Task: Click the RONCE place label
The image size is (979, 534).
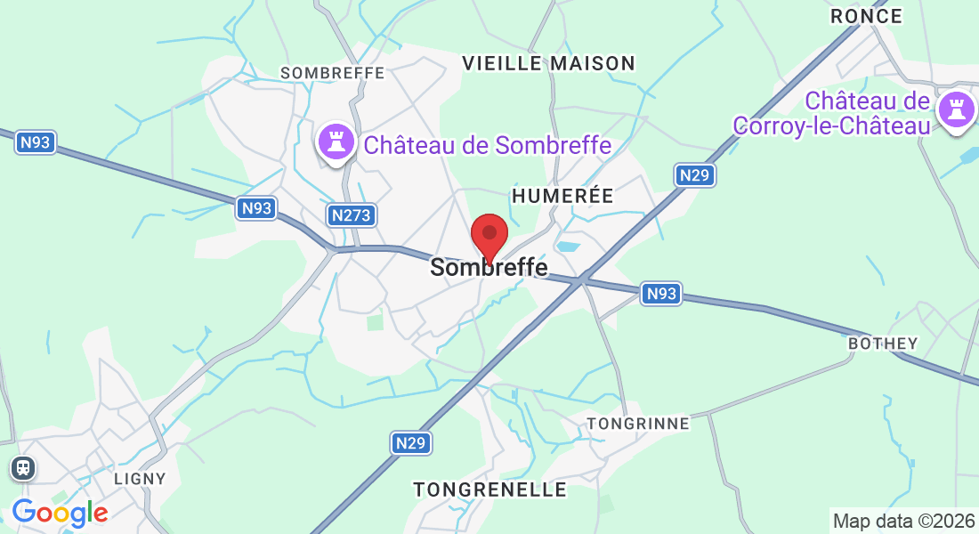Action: [866, 16]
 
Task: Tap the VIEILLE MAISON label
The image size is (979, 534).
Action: [549, 63]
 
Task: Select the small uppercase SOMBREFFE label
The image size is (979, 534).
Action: [332, 73]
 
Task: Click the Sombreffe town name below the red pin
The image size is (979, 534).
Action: [489, 267]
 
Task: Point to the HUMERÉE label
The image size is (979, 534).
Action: [562, 196]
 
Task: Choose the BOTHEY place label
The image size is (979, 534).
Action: [883, 344]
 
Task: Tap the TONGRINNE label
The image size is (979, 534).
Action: [638, 424]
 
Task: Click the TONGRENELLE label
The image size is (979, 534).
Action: [489, 489]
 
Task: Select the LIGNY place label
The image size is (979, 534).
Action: [141, 479]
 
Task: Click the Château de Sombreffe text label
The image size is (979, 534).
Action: [488, 145]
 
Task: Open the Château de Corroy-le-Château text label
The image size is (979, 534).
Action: [831, 113]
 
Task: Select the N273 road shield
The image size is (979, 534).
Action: [351, 215]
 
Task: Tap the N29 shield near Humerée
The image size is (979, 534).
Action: [693, 175]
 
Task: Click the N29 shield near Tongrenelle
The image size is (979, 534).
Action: [410, 442]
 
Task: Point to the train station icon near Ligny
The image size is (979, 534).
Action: [23, 467]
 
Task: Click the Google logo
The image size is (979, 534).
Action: [60, 513]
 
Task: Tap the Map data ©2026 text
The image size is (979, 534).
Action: [903, 521]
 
